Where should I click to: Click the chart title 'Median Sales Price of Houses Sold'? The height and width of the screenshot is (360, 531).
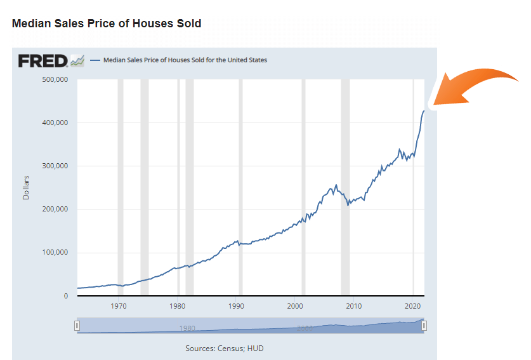click(x=107, y=23)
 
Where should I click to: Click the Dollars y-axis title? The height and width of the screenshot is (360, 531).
click(x=26, y=187)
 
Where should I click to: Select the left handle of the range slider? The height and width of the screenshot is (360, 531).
click(x=77, y=326)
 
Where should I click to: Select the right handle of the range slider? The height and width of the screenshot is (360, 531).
click(x=424, y=326)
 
